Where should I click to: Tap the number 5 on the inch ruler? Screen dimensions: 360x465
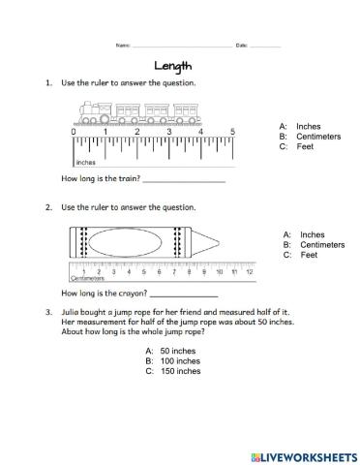(232, 131)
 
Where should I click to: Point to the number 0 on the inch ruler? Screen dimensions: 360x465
(74, 131)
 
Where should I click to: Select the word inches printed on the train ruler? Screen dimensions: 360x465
(85, 163)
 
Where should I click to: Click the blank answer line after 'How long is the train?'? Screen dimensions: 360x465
(183, 180)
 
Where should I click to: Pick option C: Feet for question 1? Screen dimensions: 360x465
(286, 146)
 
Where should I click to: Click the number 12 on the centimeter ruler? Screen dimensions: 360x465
(249, 271)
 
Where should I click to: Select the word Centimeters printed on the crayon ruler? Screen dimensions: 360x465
(88, 278)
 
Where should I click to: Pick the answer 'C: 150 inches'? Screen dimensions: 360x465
(173, 371)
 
